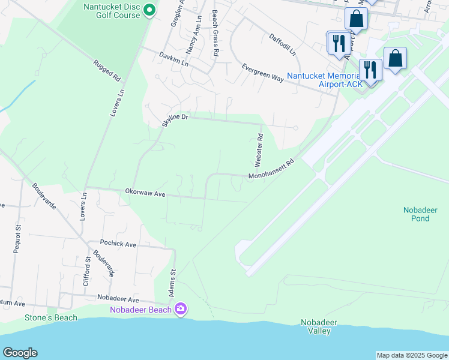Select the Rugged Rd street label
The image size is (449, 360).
(108, 70)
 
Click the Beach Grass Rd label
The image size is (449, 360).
(214, 34)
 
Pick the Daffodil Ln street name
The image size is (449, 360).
(283, 44)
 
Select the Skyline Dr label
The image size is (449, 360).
(175, 120)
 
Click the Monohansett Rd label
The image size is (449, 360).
(273, 170)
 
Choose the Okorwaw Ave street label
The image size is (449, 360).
(145, 193)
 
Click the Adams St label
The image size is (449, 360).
(172, 280)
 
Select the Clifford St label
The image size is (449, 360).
(87, 272)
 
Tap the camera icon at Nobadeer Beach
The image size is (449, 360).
(181, 309)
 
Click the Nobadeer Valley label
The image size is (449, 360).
(319, 326)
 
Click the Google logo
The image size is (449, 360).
(20, 353)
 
